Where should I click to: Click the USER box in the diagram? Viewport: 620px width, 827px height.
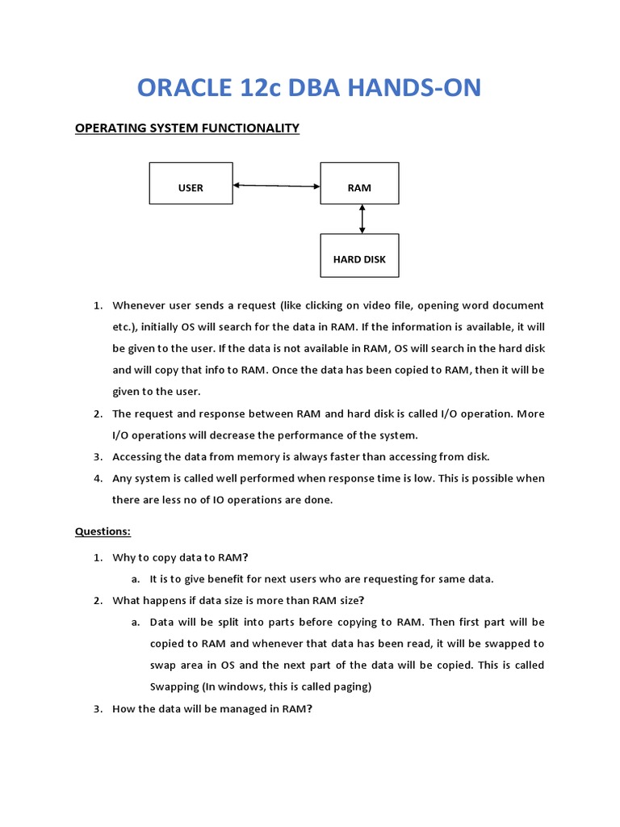click(191, 183)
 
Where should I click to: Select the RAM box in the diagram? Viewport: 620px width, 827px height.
click(359, 183)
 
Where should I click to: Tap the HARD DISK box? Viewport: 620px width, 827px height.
click(359, 255)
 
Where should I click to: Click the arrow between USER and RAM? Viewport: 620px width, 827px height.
click(276, 186)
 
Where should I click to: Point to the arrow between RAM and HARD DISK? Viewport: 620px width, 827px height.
click(362, 219)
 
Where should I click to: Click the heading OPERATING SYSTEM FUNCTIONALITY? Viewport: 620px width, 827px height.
click(187, 128)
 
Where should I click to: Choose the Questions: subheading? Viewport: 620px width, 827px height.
click(103, 531)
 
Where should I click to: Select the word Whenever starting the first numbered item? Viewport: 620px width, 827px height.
click(140, 305)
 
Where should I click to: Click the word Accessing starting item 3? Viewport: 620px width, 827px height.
click(139, 456)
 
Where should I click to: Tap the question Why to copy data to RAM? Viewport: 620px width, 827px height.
click(180, 557)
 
